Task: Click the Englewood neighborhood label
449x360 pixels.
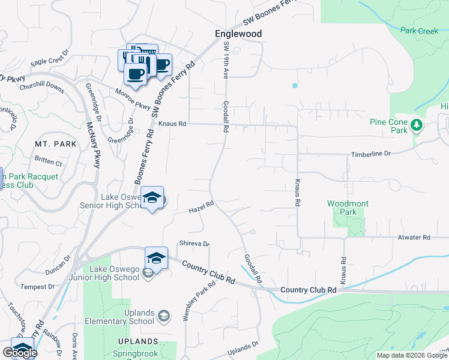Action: point(238,34)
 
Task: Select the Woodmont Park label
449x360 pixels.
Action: point(348,208)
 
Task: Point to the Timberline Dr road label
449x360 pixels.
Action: point(370,154)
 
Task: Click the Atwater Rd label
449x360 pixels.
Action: point(414,238)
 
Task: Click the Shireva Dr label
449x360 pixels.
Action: point(194,244)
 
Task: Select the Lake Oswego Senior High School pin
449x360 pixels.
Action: point(153,199)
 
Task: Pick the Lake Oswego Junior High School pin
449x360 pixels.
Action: point(156,257)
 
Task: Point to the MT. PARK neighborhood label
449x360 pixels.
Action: point(56,145)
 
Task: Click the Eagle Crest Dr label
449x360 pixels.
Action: point(50,62)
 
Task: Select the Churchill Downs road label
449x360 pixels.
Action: point(41,86)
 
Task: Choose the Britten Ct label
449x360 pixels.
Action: point(49,162)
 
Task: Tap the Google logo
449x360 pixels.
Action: point(19,353)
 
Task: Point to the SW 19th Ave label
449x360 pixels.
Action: point(226,59)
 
